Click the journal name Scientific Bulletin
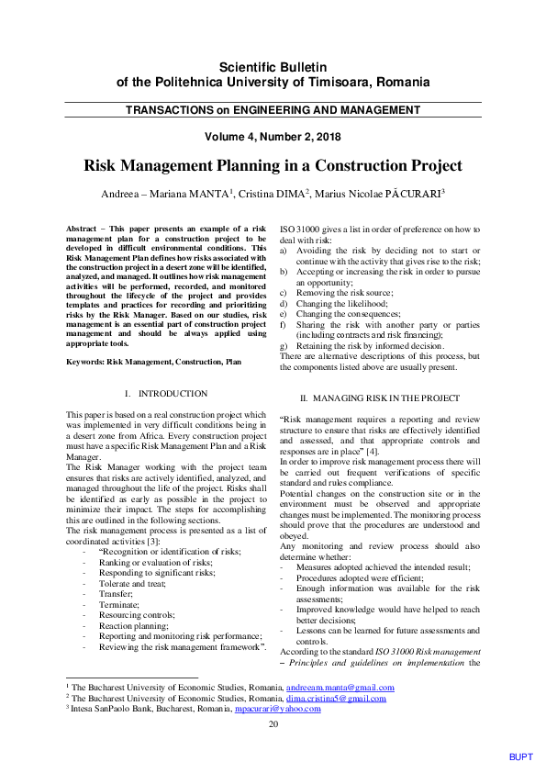point(273,67)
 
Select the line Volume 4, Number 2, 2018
point(273,138)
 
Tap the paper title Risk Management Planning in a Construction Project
point(273,166)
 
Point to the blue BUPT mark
point(520,756)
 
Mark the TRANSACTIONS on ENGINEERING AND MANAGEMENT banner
point(273,110)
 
